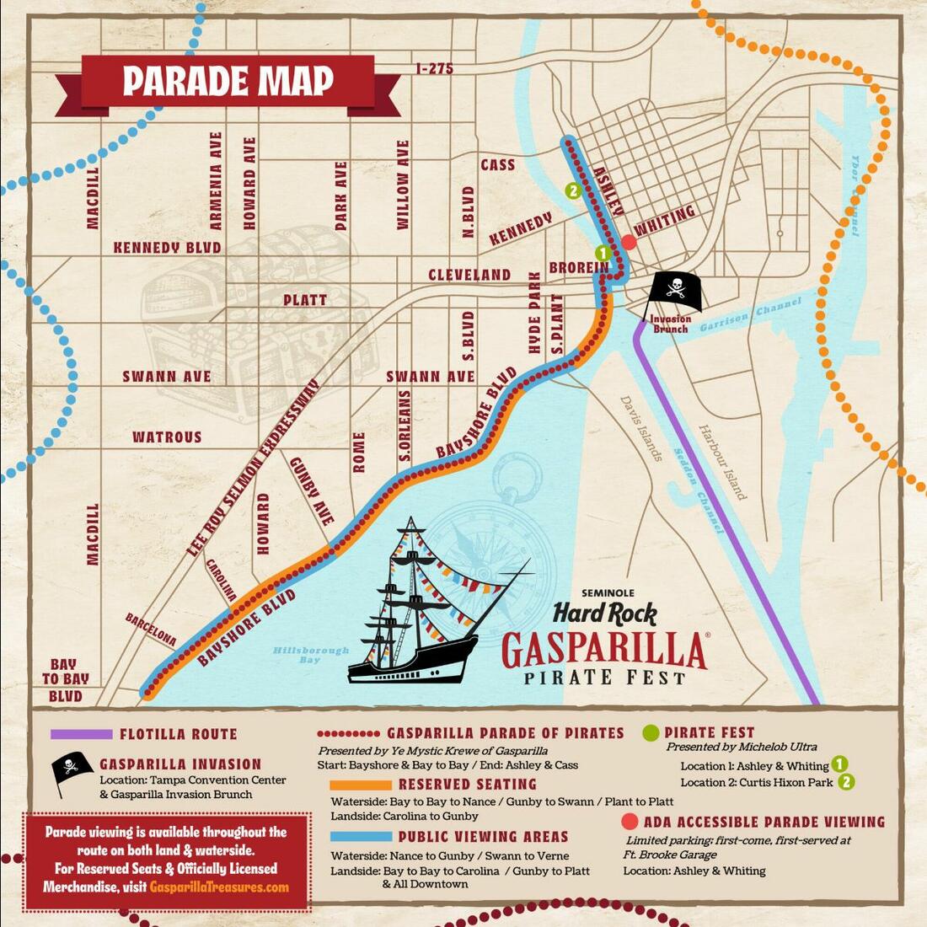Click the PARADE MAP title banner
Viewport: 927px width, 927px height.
pos(228,82)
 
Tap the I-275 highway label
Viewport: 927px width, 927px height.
pos(434,68)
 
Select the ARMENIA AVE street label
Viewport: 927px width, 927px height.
pos(216,180)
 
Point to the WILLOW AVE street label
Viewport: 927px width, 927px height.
pos(403,185)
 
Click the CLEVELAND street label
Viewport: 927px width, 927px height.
pos(469,275)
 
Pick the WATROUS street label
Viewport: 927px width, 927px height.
pos(167,437)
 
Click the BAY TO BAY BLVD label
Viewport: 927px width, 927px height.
pos(64,681)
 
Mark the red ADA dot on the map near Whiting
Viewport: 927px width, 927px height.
pos(629,243)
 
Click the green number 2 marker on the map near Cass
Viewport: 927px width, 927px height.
pos(574,190)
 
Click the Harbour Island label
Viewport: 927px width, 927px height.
pos(722,461)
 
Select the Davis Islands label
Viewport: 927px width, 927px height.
pos(642,428)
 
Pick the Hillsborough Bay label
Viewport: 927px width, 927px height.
pos(310,655)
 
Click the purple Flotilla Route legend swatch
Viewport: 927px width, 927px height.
pos(81,734)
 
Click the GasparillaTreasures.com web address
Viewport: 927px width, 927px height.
pos(219,887)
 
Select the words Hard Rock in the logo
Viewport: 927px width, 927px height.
pos(604,613)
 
